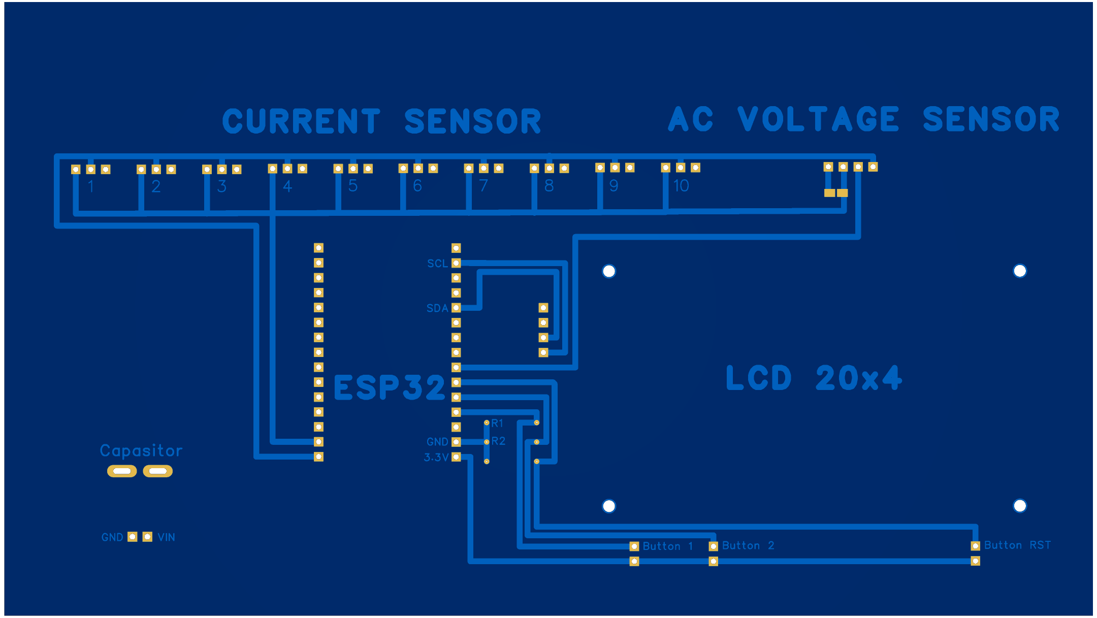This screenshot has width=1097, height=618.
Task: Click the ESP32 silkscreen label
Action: [389, 388]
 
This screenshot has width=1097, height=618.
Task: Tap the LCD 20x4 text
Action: [814, 378]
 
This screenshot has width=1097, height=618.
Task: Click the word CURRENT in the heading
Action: [301, 121]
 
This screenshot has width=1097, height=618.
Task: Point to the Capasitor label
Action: [141, 451]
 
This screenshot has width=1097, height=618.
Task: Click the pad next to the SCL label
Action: [456, 263]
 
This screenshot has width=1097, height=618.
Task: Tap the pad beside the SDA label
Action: [456, 308]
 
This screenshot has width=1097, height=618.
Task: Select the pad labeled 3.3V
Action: [456, 457]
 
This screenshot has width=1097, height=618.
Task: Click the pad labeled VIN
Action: [147, 537]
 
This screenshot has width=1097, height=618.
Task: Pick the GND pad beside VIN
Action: [133, 537]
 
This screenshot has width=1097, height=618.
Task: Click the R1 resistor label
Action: [497, 423]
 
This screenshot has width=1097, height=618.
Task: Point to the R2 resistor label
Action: [498, 441]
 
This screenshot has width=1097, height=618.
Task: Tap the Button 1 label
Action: [668, 546]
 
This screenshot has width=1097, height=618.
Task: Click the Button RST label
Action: [1017, 545]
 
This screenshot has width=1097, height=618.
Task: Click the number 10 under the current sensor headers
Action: [681, 186]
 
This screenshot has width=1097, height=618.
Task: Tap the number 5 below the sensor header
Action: [353, 186]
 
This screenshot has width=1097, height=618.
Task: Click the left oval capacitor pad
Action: [122, 471]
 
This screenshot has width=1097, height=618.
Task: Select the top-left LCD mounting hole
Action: [609, 271]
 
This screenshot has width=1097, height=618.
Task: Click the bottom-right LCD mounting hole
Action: [1020, 506]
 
